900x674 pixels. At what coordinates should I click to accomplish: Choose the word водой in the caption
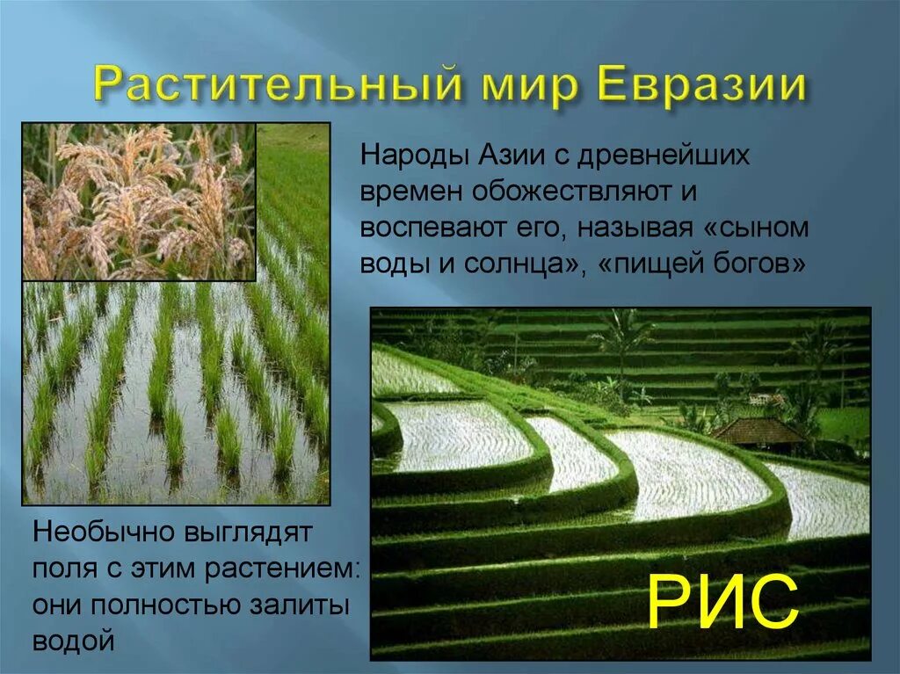click(74, 640)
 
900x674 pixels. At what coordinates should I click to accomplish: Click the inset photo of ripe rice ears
click(139, 201)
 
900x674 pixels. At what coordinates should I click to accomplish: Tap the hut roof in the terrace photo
click(758, 431)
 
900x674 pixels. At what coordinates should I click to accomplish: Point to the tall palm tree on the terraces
click(622, 338)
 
